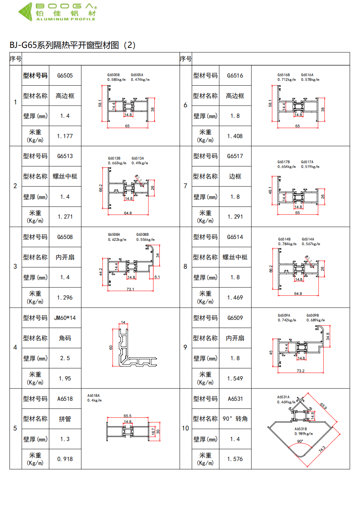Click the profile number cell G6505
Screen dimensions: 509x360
click(x=65, y=75)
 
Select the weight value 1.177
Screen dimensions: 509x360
click(x=65, y=136)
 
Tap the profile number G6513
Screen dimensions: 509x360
click(x=65, y=156)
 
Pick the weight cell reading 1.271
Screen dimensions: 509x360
click(x=65, y=217)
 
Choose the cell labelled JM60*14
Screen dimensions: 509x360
click(x=65, y=318)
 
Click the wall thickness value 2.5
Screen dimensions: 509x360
click(x=65, y=358)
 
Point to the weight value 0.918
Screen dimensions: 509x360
click(x=65, y=459)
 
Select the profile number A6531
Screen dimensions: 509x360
click(x=235, y=399)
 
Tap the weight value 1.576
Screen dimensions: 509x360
click(x=235, y=459)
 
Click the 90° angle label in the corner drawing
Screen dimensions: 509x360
click(x=300, y=441)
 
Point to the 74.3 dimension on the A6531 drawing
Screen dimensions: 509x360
click(x=322, y=449)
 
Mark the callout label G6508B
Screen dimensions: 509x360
click(x=142, y=235)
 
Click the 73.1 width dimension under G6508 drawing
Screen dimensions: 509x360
click(x=130, y=289)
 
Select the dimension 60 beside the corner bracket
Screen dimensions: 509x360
click(x=111, y=348)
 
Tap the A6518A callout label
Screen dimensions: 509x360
click(x=93, y=395)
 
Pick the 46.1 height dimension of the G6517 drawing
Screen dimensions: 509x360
click(x=270, y=190)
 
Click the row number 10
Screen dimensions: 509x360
click(x=185, y=428)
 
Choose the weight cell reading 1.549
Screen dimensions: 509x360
click(x=235, y=378)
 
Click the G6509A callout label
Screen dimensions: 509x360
click(x=284, y=316)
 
